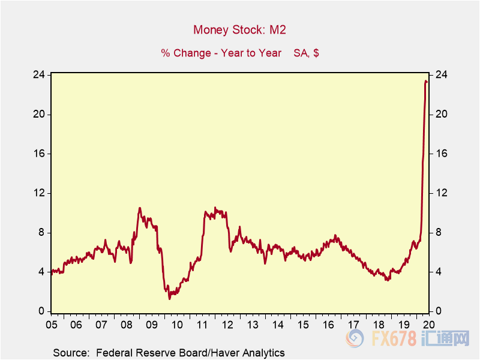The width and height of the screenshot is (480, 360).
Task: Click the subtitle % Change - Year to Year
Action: (221, 53)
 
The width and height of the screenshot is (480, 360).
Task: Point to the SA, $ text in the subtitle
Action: (306, 53)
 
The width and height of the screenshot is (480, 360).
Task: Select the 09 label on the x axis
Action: (151, 325)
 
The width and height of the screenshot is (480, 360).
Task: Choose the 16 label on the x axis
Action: (328, 325)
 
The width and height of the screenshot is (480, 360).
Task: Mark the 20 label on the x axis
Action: (428, 325)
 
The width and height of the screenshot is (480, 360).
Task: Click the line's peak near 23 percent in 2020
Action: (426, 81)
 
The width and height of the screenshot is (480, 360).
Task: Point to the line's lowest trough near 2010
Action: (170, 298)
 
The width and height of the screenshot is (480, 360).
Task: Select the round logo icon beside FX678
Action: (355, 339)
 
